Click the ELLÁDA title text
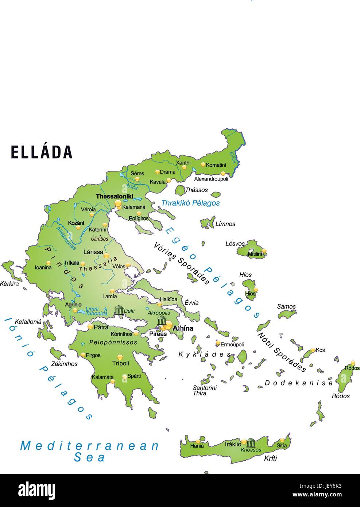[x=42, y=152]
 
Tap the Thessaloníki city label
[x=114, y=197]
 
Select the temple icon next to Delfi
[x=119, y=310]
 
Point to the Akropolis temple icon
[x=162, y=321]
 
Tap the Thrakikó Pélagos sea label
[x=190, y=203]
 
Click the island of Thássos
[x=180, y=190]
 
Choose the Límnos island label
[x=225, y=224]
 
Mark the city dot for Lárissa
[x=106, y=255]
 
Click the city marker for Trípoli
[x=120, y=357]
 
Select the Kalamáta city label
[x=102, y=377]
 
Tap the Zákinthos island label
[x=64, y=364]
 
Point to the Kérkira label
[x=9, y=283]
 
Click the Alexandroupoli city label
[x=211, y=179]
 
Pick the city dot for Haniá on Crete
[x=198, y=441]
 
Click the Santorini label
[x=205, y=388]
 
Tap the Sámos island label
[x=286, y=306]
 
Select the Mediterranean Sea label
[x=90, y=451]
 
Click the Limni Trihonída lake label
[x=96, y=311]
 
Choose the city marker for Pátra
[x=90, y=327]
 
